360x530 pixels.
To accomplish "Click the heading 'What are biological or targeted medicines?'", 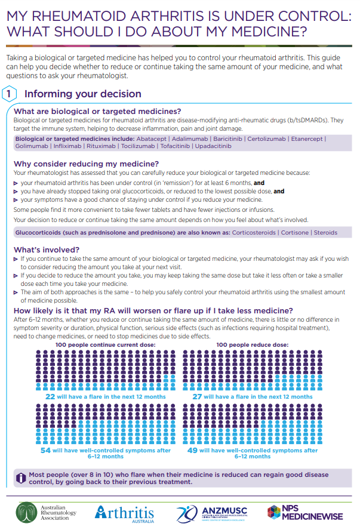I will (97, 112).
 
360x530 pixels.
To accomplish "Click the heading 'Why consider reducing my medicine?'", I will (86, 164).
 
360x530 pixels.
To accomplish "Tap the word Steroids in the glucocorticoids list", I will (325, 232).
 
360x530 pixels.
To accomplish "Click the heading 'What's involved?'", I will (46, 249).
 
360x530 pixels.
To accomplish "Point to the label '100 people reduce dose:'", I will (253, 344).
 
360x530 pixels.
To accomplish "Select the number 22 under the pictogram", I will (50, 396).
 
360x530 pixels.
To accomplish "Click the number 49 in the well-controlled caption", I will (192, 451).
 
